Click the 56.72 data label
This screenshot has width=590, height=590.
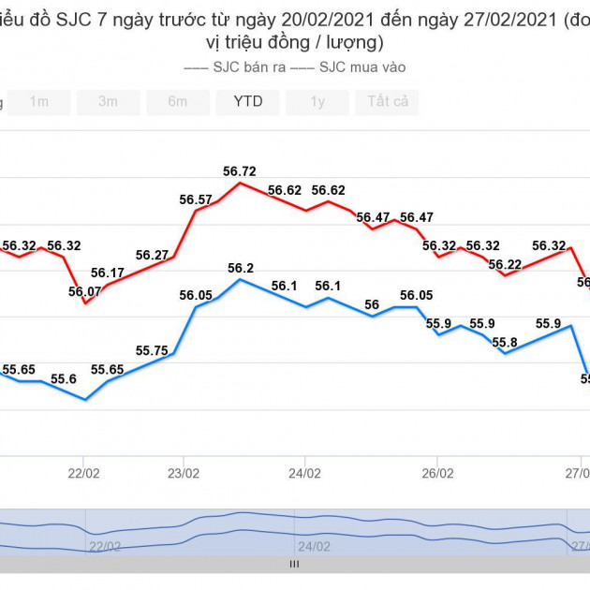239,171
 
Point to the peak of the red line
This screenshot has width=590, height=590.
240,183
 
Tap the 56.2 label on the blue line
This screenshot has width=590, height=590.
241,269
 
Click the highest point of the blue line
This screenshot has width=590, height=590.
240,279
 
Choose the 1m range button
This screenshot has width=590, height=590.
38,102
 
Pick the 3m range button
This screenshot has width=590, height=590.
108,102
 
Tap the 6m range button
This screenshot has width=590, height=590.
177,102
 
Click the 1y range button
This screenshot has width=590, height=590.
317,102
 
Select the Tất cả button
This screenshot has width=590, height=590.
387,102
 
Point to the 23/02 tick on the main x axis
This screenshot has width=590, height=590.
183,474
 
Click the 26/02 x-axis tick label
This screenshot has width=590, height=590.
438,474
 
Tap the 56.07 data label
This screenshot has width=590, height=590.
85,291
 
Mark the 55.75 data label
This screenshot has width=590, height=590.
152,351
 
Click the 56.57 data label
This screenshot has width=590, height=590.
196,199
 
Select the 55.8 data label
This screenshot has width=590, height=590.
505,342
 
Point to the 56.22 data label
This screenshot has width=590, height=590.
505,264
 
